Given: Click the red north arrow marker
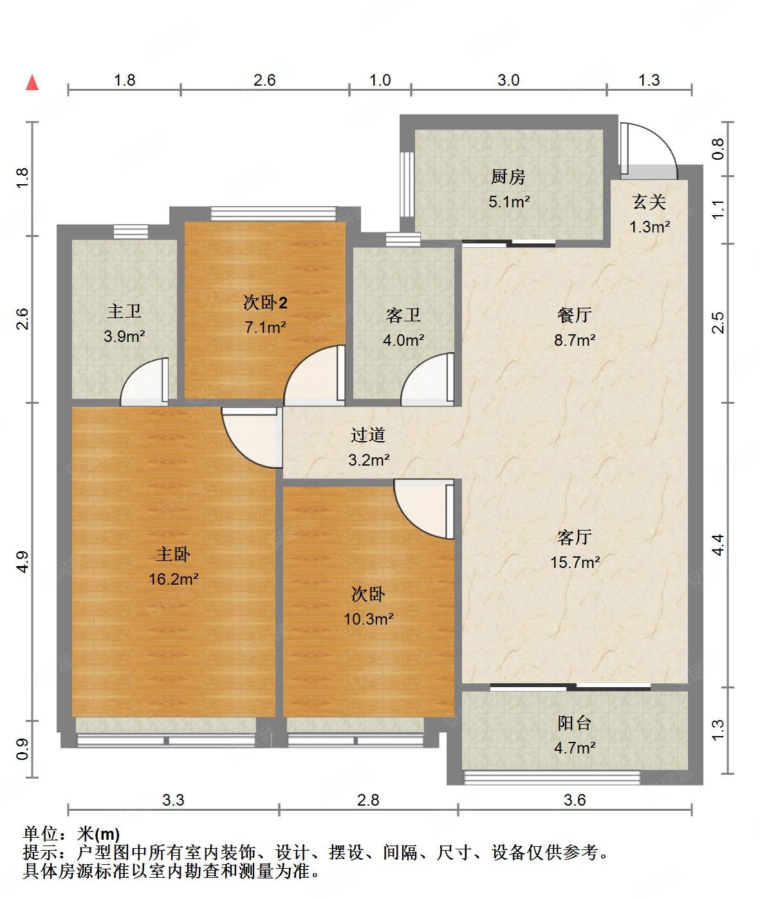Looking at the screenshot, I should [x=32, y=82].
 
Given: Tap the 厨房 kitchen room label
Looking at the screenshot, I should [x=508, y=176].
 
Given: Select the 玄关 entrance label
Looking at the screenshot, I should [x=649, y=202].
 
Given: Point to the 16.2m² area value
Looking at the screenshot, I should [x=173, y=579].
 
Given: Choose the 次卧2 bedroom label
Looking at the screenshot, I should [x=264, y=302].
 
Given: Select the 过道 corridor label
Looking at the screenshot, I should [x=368, y=435].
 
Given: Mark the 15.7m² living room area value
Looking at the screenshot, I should [x=575, y=562].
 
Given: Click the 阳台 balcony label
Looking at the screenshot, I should [x=574, y=723].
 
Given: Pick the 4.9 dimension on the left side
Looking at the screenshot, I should [x=22, y=562].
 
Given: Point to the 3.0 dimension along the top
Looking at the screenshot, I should [x=508, y=80].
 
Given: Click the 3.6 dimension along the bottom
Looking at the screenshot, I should [x=575, y=800].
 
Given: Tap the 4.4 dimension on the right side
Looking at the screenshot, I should [x=718, y=545].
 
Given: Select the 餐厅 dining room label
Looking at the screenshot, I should [x=574, y=315].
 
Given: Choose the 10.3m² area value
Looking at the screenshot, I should [x=368, y=619].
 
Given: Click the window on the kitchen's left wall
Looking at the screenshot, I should [x=406, y=184].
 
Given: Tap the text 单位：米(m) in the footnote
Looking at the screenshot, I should [x=71, y=835].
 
